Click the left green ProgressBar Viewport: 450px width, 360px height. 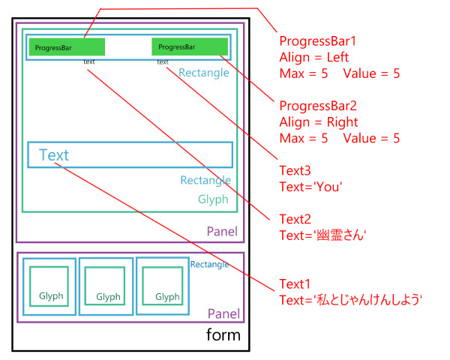coord(67,47)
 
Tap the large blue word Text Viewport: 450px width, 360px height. coord(54,155)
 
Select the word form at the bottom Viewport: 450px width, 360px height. coord(223,334)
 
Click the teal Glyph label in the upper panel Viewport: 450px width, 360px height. coord(213,199)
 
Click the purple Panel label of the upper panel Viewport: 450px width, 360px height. coord(222,232)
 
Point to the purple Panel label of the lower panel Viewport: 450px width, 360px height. coord(223,313)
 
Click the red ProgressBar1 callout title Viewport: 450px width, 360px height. coord(314,40)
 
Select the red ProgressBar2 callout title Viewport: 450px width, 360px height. coord(315,106)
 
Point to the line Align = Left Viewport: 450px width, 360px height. coord(314,57)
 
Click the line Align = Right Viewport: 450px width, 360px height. coord(318,122)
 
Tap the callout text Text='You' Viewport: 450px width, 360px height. coord(310,187)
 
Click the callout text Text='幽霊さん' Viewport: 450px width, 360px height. coord(322,235)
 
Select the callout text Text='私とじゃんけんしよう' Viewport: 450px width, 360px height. coord(351,301)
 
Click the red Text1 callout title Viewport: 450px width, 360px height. coord(295,284)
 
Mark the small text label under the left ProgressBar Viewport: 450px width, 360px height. coord(89,62)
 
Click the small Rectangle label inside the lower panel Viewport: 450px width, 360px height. coord(210,264)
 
